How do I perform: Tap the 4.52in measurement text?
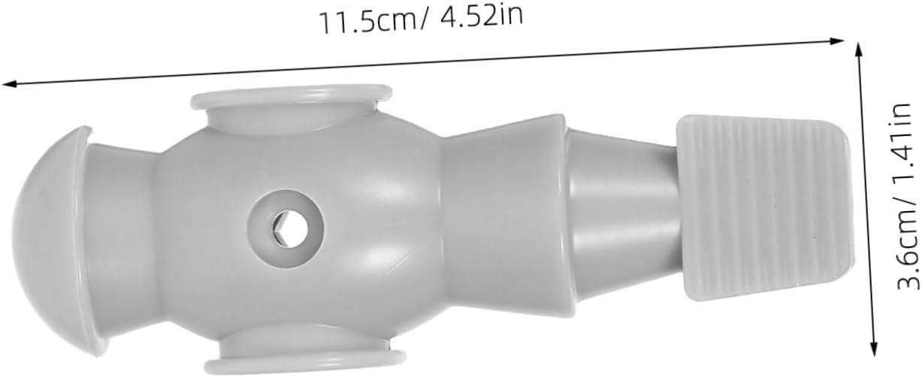tap(482, 17)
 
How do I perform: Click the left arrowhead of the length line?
tap(8, 84)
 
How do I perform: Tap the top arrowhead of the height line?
tap(859, 50)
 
